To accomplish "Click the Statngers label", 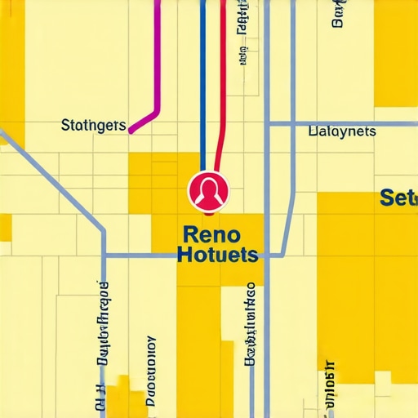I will coord(94,126).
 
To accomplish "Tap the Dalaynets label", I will coord(342,131).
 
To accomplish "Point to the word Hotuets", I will coord(217,256).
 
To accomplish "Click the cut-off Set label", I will coord(398,198).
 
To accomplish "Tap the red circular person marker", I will coord(209,191).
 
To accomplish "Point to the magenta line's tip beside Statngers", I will coord(131,129).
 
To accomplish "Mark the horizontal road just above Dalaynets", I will coord(343,124).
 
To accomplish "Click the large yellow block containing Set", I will coord(367,286).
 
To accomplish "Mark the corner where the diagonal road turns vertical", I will coord(104,231).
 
